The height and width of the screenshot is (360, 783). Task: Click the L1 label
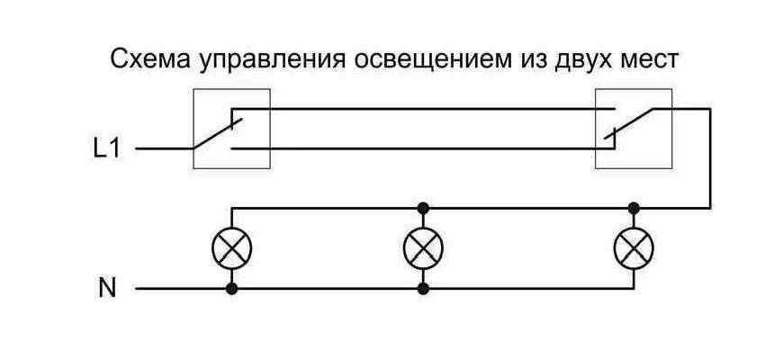pos(106,148)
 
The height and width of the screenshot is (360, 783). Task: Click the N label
pos(107,289)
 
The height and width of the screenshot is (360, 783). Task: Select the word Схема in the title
pos(144,61)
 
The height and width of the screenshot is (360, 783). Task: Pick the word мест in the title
pos(652,62)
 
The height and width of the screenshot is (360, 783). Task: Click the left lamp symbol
pos(232,248)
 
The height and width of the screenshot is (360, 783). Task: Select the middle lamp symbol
pos(423,248)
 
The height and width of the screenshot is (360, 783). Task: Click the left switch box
pos(231,129)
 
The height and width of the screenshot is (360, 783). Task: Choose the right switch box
pos(634,129)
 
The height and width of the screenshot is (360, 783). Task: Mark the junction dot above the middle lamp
pos(423,208)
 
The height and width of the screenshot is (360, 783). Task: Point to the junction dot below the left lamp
pos(232,289)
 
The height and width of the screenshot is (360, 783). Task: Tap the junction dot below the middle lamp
pos(423,289)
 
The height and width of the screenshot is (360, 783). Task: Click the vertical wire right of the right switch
pos(711,157)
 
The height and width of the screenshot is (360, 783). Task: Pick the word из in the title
pos(537,62)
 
